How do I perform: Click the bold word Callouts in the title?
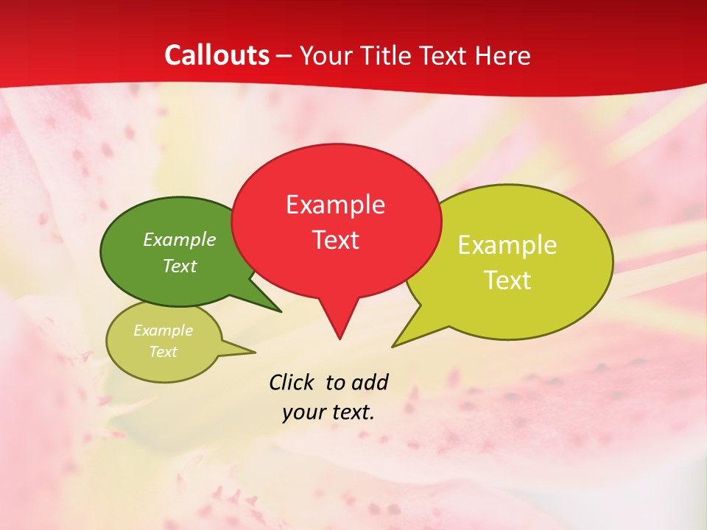click(x=217, y=55)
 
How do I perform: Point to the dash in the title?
click(x=285, y=56)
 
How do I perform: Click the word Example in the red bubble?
click(x=335, y=205)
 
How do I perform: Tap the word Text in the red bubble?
click(x=335, y=240)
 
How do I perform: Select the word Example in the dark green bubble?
click(x=180, y=239)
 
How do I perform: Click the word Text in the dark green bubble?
click(x=180, y=266)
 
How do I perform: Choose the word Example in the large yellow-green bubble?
click(x=507, y=245)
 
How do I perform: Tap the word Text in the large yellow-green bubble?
click(x=507, y=280)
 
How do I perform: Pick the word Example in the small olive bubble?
click(x=163, y=331)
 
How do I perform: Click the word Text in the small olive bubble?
click(x=163, y=352)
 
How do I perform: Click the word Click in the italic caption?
click(x=292, y=382)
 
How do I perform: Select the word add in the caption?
click(x=369, y=382)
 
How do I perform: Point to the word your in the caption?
click(x=303, y=412)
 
